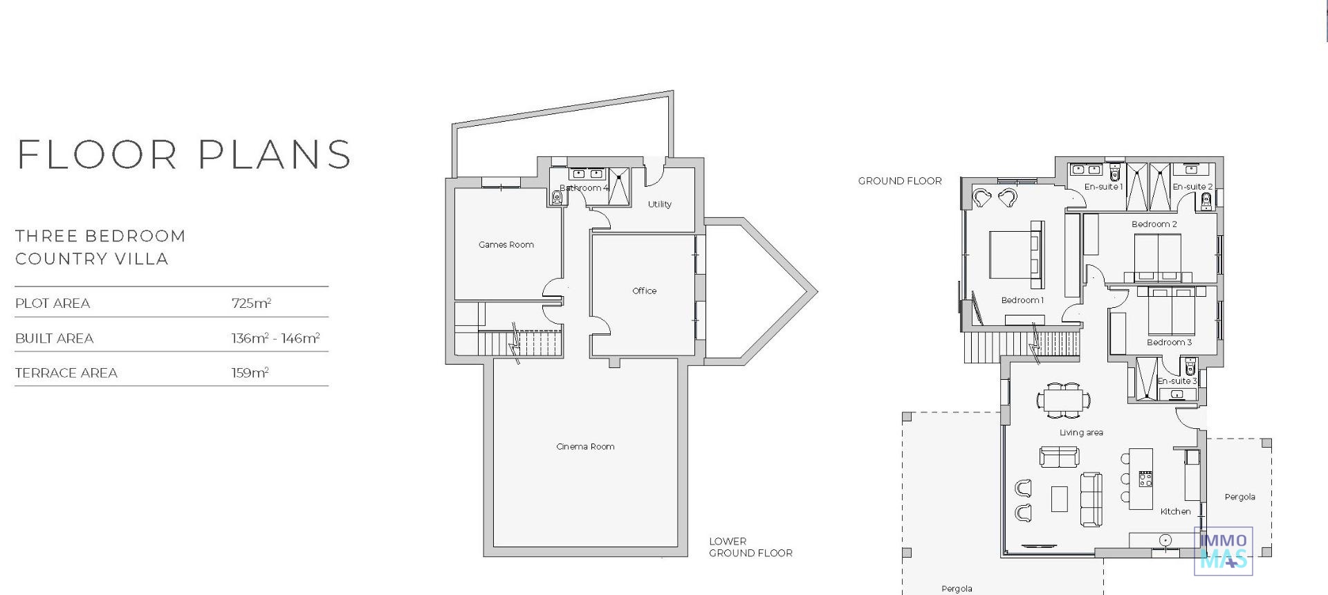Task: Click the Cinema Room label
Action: (585, 447)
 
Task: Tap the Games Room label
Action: (506, 245)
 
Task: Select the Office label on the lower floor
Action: (644, 291)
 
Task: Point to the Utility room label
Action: (659, 205)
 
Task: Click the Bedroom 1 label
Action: (1022, 300)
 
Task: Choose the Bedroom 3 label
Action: (1169, 342)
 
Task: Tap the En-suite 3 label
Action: (1177, 381)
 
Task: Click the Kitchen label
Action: (1175, 512)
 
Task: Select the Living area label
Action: (1081, 433)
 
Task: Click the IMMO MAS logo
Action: (1224, 551)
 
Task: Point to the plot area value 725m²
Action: (251, 303)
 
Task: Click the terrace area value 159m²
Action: (250, 373)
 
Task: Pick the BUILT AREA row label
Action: (54, 338)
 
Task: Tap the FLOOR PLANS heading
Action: (184, 154)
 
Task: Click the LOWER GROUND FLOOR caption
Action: (750, 547)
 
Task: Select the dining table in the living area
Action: (1064, 400)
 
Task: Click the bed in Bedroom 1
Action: (1016, 255)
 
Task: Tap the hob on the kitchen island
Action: (1145, 479)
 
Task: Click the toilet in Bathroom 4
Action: (557, 198)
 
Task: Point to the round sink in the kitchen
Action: (1165, 540)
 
